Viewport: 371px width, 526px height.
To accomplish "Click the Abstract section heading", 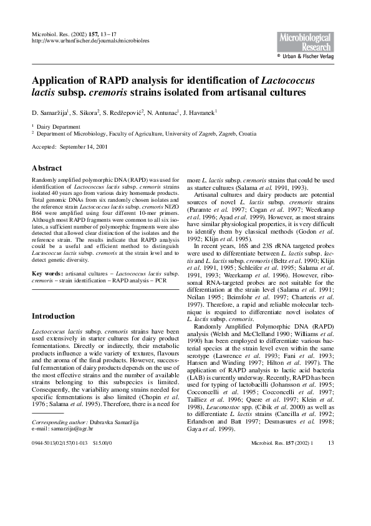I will [47, 168].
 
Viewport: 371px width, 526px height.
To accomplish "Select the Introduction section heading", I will [53, 316].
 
